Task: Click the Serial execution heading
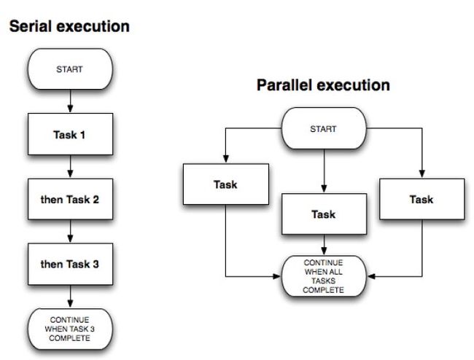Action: pos(69,26)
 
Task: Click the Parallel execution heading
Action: pos(323,85)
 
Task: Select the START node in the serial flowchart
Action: pos(70,69)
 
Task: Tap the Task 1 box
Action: pos(70,134)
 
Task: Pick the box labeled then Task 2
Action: pos(70,199)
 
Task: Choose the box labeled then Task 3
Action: pos(70,264)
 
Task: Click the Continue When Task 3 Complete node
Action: pos(70,329)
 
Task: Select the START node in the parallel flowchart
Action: pos(324,128)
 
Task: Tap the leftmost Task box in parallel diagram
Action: pos(226,184)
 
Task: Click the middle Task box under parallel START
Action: pos(324,214)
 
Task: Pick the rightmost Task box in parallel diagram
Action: pos(422,199)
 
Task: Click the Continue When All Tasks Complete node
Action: pos(324,276)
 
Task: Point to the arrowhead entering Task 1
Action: pos(70,109)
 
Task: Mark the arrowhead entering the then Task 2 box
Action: pos(70,173)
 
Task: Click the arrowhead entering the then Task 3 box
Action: pos(70,238)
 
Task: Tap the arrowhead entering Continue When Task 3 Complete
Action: pos(70,304)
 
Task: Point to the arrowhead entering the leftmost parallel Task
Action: pos(226,159)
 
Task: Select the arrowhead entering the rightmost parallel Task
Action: pos(422,173)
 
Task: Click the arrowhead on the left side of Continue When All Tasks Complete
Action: pos(276,276)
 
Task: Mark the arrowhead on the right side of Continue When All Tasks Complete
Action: pos(371,276)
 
